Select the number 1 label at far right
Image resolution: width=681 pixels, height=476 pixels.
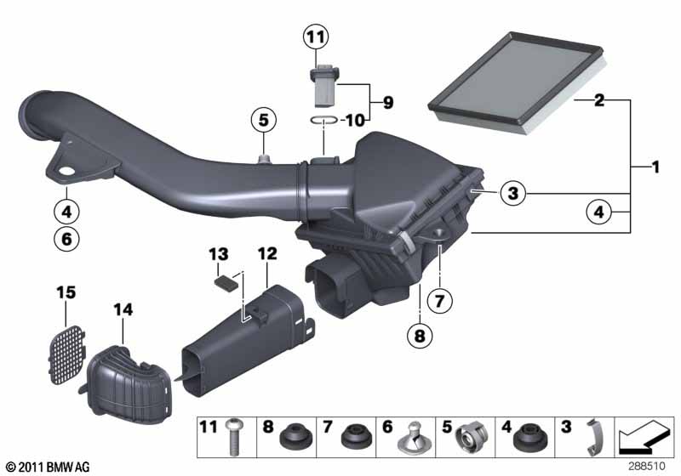[x=655, y=167]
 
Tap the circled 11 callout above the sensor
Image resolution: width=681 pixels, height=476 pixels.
[x=316, y=37]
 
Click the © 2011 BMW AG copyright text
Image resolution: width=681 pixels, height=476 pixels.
[x=47, y=467]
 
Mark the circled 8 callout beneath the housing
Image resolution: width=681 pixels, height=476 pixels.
[x=420, y=337]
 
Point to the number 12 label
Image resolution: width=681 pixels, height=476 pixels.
[x=267, y=253]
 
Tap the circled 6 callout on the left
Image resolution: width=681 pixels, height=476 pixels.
[x=66, y=239]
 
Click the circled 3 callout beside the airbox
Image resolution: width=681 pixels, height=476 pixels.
[x=511, y=195]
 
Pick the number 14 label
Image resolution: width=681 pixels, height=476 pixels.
[x=123, y=312]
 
